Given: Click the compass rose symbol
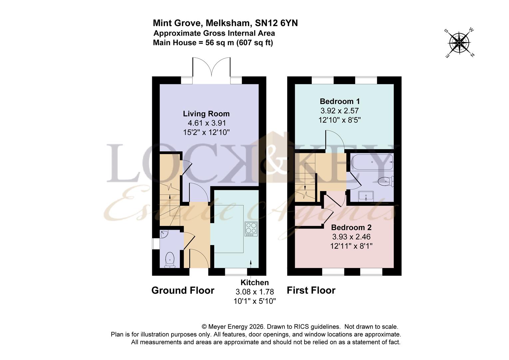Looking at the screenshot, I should pyautogui.click(x=459, y=43).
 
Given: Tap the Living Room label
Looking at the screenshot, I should pyautogui.click(x=206, y=114).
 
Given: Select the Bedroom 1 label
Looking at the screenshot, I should pyautogui.click(x=339, y=101).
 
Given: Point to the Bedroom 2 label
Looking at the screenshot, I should pyautogui.click(x=351, y=227).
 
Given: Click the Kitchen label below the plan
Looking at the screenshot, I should pyautogui.click(x=254, y=282).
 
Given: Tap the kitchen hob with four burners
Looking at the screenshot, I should pyautogui.click(x=251, y=229).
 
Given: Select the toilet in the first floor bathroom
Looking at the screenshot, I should pyautogui.click(x=386, y=181).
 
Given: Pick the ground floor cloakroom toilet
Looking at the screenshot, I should pyautogui.click(x=170, y=259).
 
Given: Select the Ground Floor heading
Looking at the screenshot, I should pyautogui.click(x=183, y=290).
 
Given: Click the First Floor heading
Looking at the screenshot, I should pyautogui.click(x=311, y=290).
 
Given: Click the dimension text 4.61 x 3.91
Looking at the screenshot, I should pyautogui.click(x=206, y=123).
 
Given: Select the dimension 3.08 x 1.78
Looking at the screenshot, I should pyautogui.click(x=254, y=292).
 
